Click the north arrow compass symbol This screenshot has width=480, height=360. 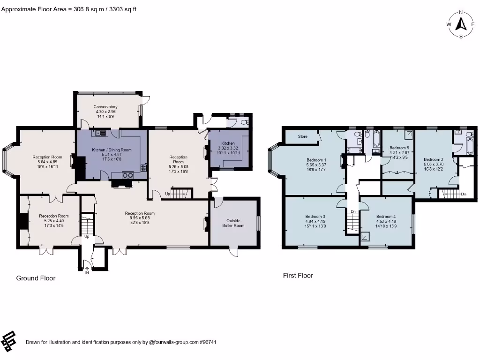click(x=461, y=24)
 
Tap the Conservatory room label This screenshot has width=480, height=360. click(x=105, y=107)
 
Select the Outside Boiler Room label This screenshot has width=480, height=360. click(x=233, y=223)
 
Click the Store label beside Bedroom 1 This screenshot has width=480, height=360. click(x=303, y=136)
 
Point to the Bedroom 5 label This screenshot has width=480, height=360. click(x=399, y=148)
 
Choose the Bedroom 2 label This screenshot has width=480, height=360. click(x=434, y=159)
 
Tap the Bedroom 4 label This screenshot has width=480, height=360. click(x=386, y=216)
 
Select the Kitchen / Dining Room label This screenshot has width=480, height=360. click(x=112, y=150)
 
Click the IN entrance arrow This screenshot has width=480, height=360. click(x=87, y=269)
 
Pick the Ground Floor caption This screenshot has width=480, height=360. click(x=36, y=278)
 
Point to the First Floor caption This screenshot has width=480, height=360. click(x=298, y=276)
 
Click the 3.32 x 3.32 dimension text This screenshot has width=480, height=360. click(x=228, y=148)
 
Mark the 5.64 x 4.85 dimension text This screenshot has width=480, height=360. click(x=47, y=162)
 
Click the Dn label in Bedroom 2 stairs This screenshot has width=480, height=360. click(x=463, y=194)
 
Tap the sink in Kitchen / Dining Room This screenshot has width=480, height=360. click(x=100, y=134)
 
